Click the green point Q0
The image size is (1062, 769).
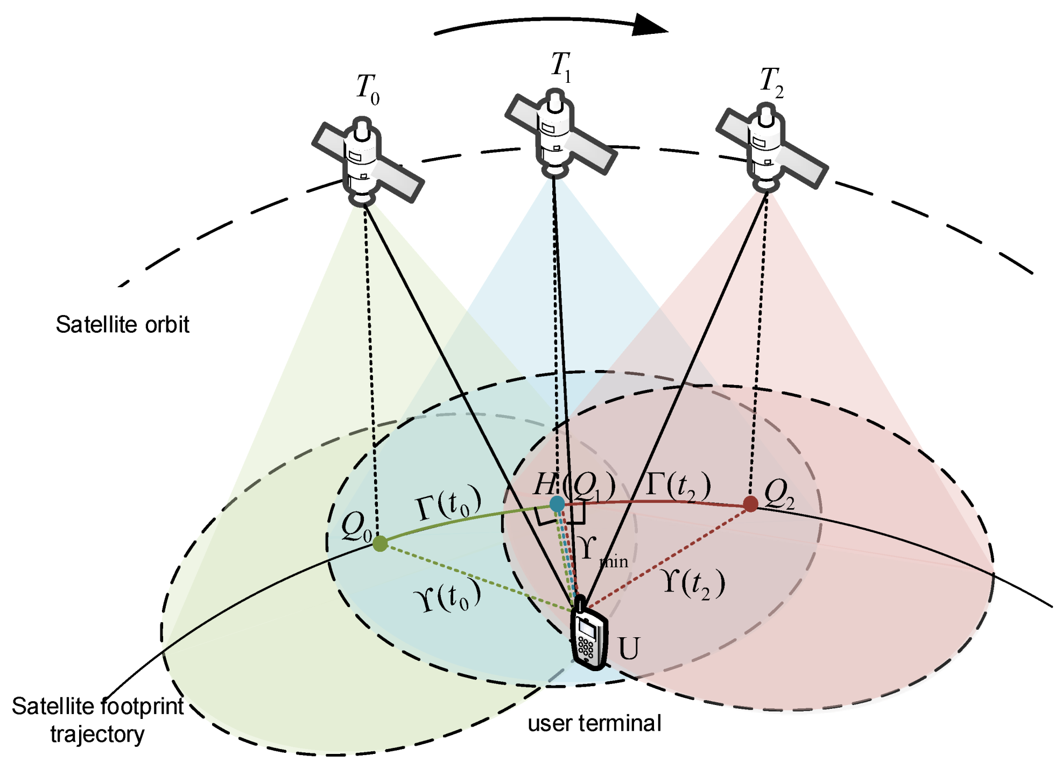click(x=380, y=543)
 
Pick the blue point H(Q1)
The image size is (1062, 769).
click(x=557, y=504)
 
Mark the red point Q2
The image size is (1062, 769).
click(x=750, y=504)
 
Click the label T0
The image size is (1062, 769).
click(x=368, y=89)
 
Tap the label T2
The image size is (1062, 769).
click(x=772, y=82)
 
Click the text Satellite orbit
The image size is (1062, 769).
click(x=122, y=325)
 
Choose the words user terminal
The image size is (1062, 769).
click(x=594, y=723)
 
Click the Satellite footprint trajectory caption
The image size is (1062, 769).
click(x=97, y=720)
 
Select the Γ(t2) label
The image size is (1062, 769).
click(x=678, y=485)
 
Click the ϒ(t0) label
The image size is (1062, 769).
click(x=447, y=596)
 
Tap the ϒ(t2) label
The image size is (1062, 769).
click(x=694, y=583)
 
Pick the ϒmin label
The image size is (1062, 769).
click(x=600, y=552)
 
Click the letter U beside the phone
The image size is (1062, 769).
click(x=629, y=649)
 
